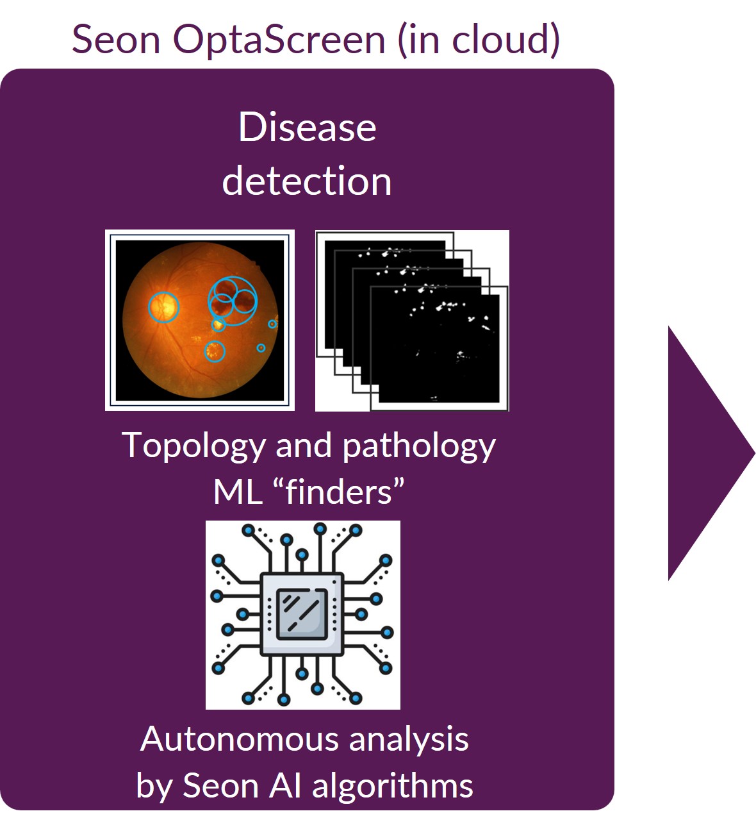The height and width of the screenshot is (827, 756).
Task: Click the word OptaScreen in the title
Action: coord(279,40)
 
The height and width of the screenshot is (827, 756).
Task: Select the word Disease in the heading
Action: coord(308,127)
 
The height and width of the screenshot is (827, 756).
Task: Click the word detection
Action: coord(307,181)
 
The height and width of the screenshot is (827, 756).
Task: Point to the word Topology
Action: coord(193,447)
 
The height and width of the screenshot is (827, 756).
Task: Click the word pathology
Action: coord(419,447)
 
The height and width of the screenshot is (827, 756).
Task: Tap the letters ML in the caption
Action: coord(238,492)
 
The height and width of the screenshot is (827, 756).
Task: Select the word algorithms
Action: coord(393,786)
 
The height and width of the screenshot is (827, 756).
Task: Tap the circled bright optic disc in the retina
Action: coord(163,306)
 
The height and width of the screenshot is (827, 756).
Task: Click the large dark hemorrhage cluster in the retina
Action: coord(233,301)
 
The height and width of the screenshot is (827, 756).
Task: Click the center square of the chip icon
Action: coord(302,614)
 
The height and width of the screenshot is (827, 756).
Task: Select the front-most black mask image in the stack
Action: coord(439,348)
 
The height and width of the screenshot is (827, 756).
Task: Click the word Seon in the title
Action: coord(116,40)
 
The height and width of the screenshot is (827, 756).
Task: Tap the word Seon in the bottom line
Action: coord(220,787)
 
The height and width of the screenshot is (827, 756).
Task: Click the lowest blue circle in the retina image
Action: coord(215,351)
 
